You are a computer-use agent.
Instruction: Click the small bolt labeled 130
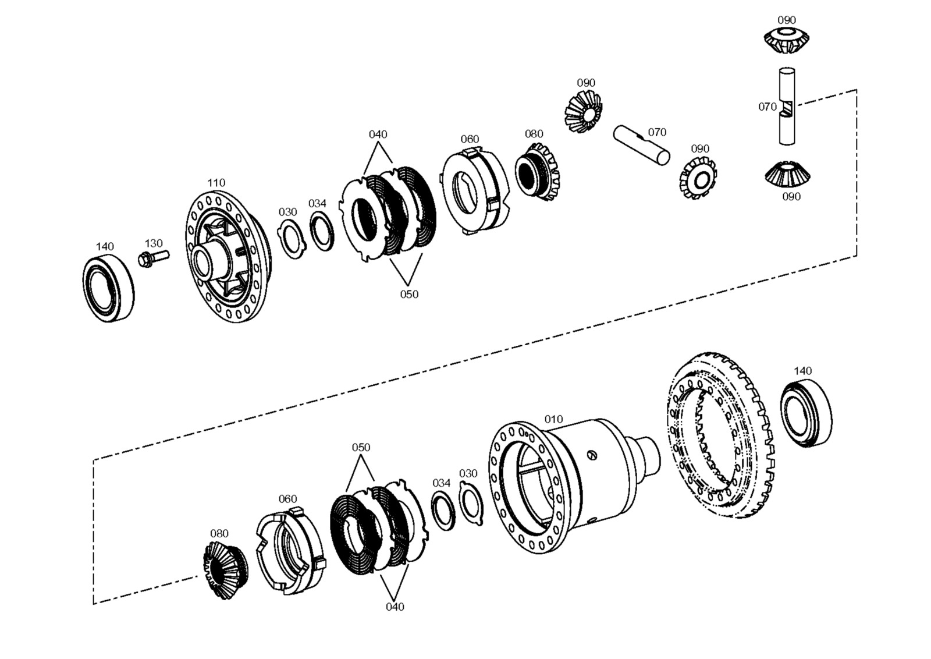pos(154,258)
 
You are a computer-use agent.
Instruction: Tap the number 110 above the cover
pos(216,183)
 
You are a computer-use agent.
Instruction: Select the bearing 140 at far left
pos(108,289)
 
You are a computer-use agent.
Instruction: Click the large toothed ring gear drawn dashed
pos(720,435)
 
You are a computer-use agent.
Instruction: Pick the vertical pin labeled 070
pos(787,106)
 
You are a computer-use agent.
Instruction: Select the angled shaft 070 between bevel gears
pos(641,146)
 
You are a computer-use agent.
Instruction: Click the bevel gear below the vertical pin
pos(787,174)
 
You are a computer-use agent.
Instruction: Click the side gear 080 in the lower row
pos(226,570)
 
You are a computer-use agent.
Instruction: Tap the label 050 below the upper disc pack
pos(409,294)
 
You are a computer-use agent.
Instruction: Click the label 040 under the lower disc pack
pos(395,607)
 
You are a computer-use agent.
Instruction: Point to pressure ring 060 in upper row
pos(474,190)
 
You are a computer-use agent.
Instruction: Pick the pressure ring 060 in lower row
pos(290,551)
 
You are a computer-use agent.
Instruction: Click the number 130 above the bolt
pos(154,243)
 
